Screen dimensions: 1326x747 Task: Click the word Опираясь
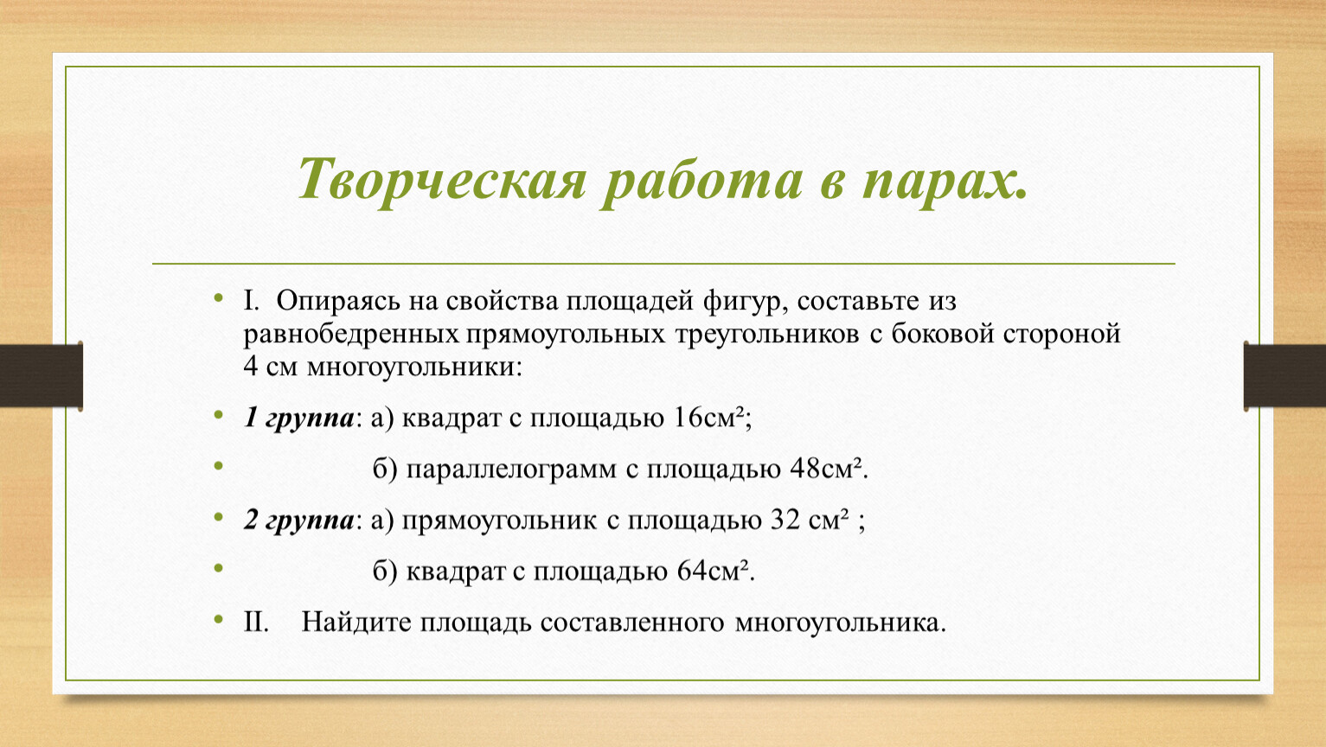(x=338, y=302)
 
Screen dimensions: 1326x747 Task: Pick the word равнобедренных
(x=351, y=335)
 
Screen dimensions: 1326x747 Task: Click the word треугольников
(x=767, y=335)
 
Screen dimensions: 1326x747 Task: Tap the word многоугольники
(x=414, y=367)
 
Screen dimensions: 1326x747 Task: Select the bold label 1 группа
(x=299, y=418)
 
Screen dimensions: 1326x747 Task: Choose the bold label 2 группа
(x=299, y=520)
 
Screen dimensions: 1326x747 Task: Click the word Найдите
(x=356, y=622)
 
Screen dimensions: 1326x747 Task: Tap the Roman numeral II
(x=255, y=622)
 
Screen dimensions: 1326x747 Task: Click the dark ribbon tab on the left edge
(x=42, y=375)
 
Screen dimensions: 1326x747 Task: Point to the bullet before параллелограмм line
(x=219, y=466)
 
